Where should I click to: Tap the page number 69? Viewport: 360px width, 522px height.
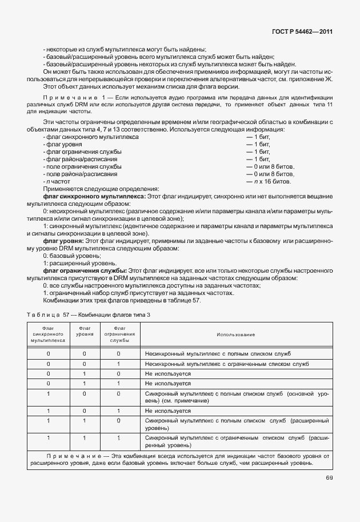[330, 478]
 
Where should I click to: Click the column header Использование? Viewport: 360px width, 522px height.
[235, 334]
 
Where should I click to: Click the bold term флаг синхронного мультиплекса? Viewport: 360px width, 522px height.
[95, 196]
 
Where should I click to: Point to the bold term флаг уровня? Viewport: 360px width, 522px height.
[63, 241]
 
